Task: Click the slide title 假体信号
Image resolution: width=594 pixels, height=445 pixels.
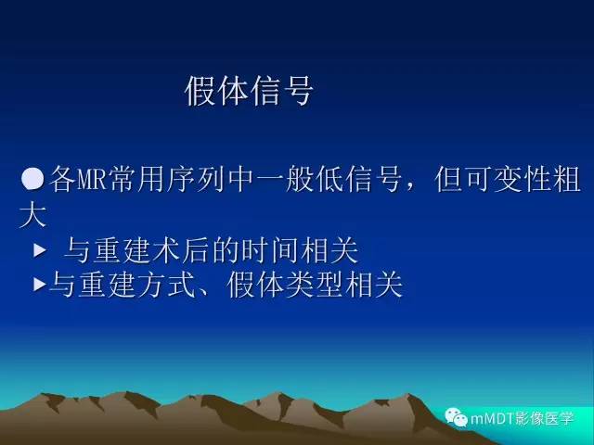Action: coord(250,91)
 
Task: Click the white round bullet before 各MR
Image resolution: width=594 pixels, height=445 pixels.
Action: coord(32,176)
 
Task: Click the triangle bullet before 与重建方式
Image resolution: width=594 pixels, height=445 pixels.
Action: coord(39,284)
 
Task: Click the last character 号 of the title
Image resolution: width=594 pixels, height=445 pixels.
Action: coord(298,91)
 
